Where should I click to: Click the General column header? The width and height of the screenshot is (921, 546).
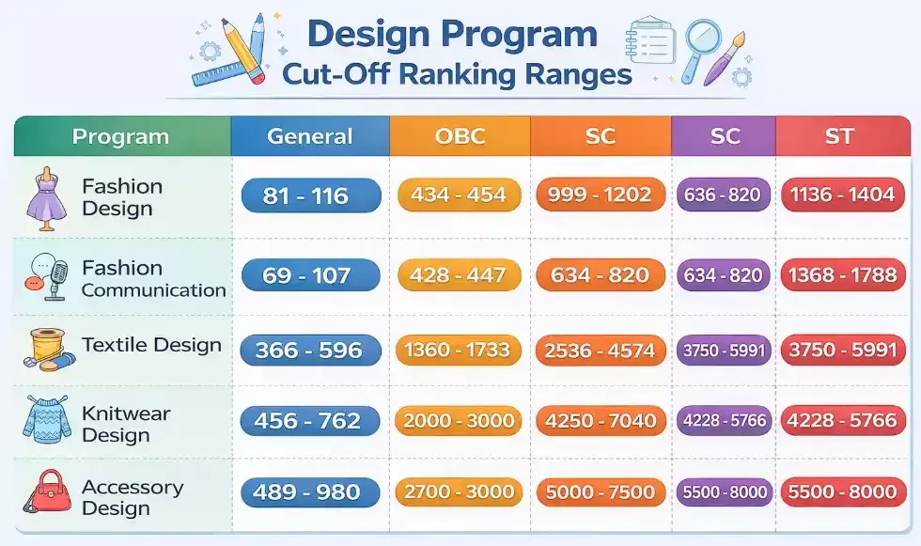point(310,136)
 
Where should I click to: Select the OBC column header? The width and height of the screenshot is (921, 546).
point(460,136)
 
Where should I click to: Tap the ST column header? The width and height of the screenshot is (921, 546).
point(838,136)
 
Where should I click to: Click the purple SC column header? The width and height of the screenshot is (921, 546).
point(724,136)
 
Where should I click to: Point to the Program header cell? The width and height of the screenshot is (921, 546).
point(120,136)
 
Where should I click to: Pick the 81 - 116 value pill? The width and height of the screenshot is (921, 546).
point(311,195)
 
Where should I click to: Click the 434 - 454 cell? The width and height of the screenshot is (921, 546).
point(460,195)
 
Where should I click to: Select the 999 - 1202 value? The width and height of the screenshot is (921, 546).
point(600,195)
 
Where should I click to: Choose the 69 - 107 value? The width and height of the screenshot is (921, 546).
point(311,275)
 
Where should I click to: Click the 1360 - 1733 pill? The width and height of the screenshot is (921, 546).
point(460,350)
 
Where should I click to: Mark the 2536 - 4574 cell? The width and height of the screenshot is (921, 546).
point(600,350)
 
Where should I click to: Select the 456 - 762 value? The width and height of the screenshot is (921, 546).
point(311,421)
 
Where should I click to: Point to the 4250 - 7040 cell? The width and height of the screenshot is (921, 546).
point(600,421)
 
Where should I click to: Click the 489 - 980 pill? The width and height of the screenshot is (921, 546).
point(311,491)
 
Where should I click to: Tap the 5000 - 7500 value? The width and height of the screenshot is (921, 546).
point(600,491)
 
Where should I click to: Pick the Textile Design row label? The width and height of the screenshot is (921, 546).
point(151,345)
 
